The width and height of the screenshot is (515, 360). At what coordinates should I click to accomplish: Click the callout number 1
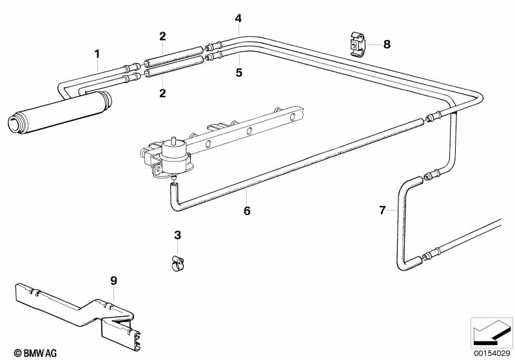[x=97, y=53]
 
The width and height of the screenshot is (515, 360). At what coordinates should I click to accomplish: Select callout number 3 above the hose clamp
[x=178, y=236]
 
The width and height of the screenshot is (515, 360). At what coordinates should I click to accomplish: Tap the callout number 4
[x=238, y=18]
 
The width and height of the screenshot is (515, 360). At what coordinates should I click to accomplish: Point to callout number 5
[x=238, y=72]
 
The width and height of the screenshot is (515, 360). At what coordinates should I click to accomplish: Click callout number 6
[x=247, y=211]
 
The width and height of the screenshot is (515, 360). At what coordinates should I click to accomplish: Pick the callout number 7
[x=382, y=210]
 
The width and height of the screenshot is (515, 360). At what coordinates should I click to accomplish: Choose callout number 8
[x=387, y=44]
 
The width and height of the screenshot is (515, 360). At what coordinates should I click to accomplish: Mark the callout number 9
[x=113, y=281]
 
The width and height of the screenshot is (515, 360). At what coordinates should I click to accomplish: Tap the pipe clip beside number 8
[x=356, y=44]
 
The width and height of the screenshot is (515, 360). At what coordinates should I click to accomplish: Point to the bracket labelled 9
[x=77, y=307]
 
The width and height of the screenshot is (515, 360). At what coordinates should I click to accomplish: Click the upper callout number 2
[x=162, y=36]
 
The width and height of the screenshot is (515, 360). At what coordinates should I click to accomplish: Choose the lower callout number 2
[x=162, y=93]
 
